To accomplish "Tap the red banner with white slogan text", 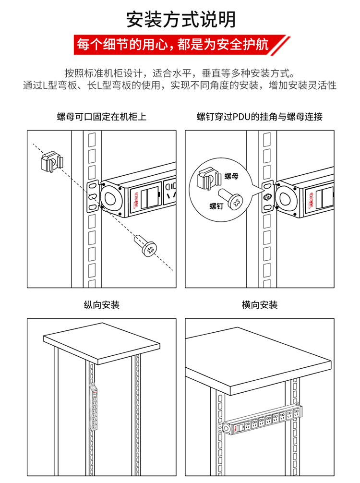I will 180,45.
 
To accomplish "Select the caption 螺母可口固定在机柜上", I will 101,117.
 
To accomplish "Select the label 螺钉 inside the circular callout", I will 216,206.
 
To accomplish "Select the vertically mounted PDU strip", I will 94,409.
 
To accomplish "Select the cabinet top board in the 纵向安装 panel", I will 102,345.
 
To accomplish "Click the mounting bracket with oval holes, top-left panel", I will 91,196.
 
